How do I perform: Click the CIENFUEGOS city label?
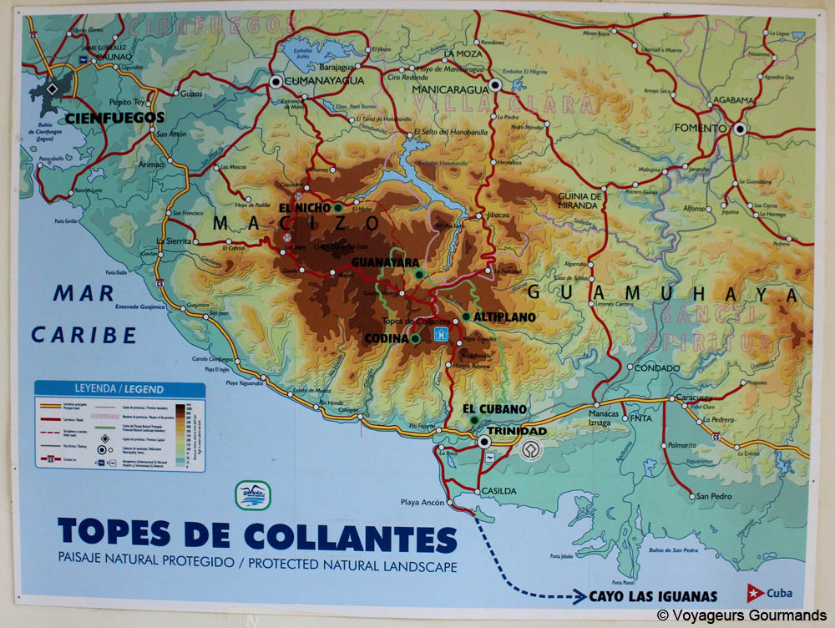[114, 118]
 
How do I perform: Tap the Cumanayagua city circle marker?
[276, 81]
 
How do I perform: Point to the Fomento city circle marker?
[740, 129]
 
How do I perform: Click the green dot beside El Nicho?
[337, 207]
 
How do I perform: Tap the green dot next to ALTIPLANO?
[466, 317]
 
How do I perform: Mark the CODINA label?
[385, 338]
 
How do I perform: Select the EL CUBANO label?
[495, 408]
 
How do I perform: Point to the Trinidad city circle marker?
[483, 442]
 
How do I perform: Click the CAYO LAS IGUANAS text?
[653, 596]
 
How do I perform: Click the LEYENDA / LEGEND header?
[119, 389]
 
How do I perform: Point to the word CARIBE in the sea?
[83, 336]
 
